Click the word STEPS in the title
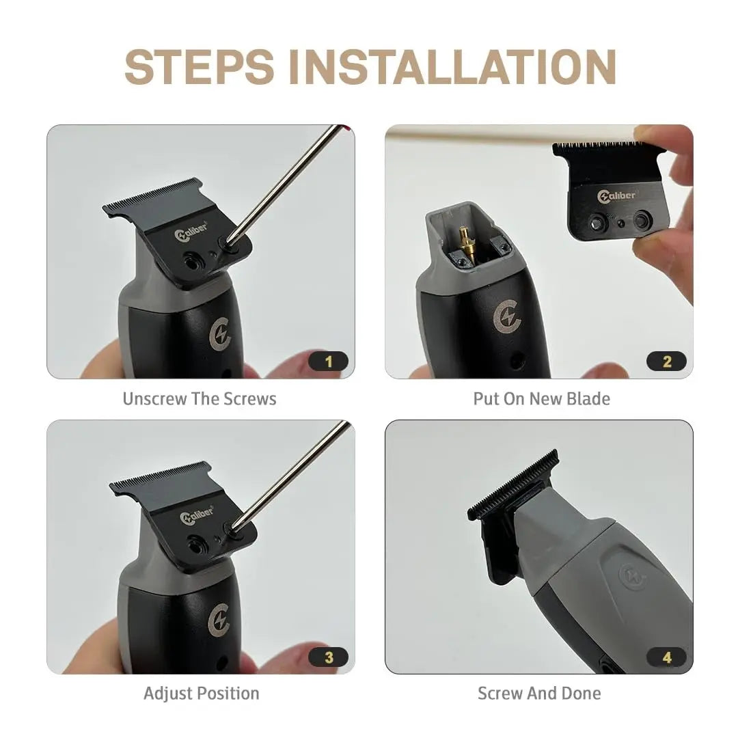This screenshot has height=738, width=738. coord(199,67)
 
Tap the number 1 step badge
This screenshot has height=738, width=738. coord(328,361)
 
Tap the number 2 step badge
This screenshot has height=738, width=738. coord(666,361)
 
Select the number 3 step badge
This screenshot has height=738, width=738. coord(328,657)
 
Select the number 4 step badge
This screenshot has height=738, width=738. coord(666,657)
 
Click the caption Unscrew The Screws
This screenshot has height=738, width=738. coord(200,398)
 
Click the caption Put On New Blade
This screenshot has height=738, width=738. coord(541,398)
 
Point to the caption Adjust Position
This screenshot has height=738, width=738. coord(201,694)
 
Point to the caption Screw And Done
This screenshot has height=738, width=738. coord(539,694)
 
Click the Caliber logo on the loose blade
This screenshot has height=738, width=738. coord(617,196)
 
